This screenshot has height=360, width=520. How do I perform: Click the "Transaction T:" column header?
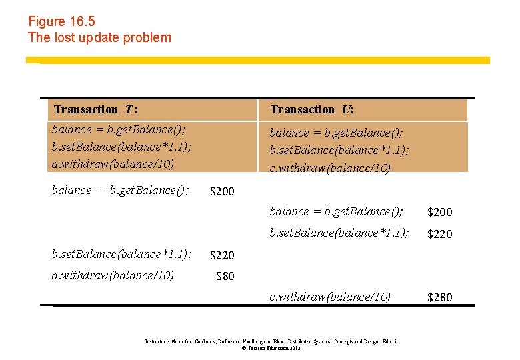(96, 109)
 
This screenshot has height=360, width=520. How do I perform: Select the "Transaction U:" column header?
(312, 109)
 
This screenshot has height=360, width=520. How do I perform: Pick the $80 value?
(225, 276)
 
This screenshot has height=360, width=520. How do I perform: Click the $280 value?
(439, 297)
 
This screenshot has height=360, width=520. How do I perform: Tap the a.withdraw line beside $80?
(113, 275)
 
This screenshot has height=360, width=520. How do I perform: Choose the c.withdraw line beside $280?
(330, 296)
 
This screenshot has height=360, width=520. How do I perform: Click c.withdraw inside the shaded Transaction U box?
(330, 167)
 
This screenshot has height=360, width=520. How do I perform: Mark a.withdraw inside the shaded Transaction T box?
(113, 163)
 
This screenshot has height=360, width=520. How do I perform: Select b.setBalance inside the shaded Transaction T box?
(121, 146)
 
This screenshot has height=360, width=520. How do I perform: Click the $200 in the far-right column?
(439, 212)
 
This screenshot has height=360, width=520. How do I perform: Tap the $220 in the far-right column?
(439, 234)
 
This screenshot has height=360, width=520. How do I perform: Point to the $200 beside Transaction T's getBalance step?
(222, 192)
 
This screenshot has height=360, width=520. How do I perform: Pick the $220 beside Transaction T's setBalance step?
(222, 255)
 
